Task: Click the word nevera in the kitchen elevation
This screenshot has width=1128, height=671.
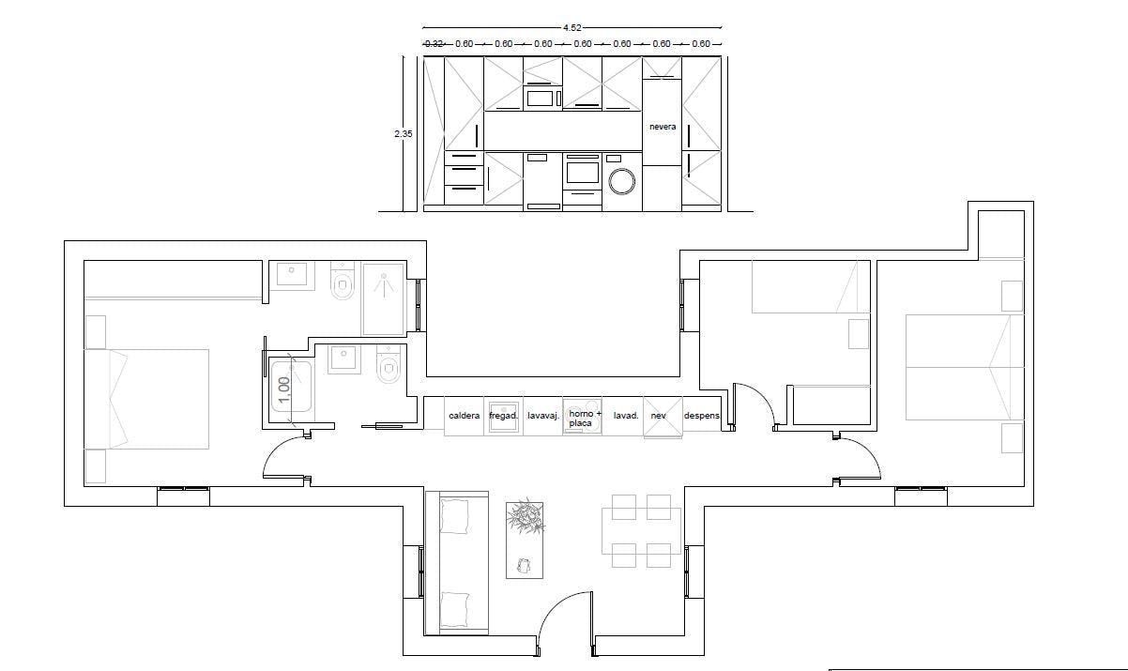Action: [x=663, y=126]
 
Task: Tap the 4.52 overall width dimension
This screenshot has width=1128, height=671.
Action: [x=572, y=28]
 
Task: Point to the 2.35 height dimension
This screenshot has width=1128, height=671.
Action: [x=403, y=134]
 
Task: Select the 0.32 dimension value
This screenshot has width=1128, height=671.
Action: [x=434, y=43]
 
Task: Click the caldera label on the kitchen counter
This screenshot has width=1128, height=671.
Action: [x=465, y=415]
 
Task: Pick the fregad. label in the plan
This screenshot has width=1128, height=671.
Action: [x=504, y=415]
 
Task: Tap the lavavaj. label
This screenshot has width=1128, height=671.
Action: [x=543, y=415]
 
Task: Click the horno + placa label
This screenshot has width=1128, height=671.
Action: [x=583, y=418]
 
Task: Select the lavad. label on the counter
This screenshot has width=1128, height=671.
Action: [x=626, y=415]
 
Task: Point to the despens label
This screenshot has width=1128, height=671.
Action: [x=702, y=415]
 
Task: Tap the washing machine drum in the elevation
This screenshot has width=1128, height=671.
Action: [x=621, y=180]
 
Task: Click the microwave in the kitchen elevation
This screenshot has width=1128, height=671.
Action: [x=541, y=97]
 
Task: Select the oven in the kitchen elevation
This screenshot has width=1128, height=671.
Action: [x=582, y=172]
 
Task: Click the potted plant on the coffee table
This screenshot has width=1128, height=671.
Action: [x=526, y=517]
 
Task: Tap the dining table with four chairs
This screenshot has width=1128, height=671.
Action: [x=642, y=530]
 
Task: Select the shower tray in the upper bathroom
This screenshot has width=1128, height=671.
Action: [x=383, y=297]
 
